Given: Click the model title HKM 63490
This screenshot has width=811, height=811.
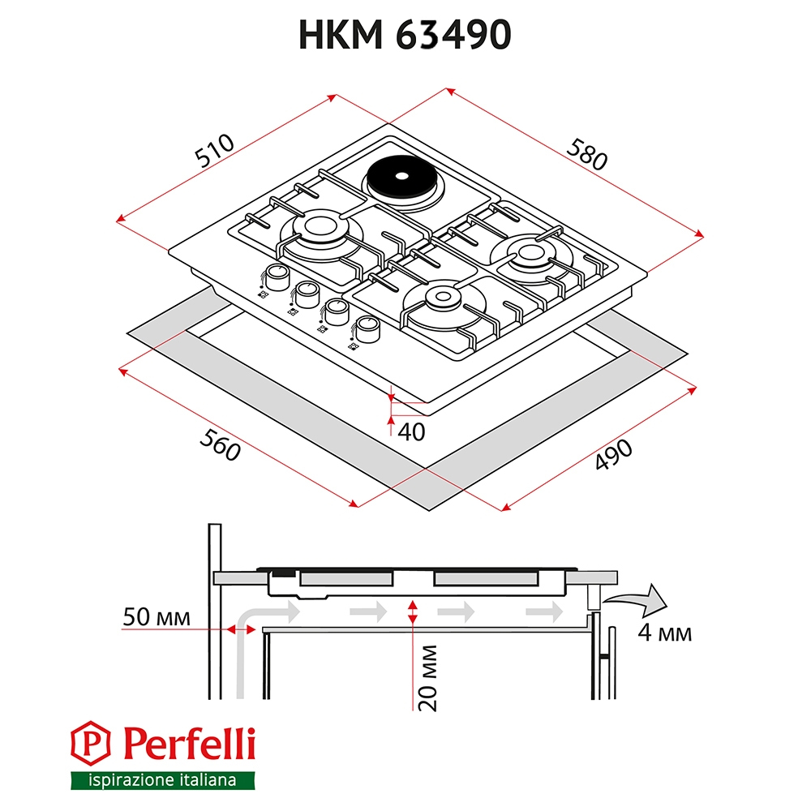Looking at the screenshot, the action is (405, 35).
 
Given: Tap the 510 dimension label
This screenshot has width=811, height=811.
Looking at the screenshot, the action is (214, 151).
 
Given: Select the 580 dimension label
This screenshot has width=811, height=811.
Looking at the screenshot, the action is (586, 154).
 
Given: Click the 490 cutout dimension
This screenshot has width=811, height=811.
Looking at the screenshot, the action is (613, 455).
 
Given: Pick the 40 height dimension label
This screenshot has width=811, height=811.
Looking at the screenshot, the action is (411, 432).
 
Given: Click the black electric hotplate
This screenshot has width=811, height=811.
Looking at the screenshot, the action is (401, 176).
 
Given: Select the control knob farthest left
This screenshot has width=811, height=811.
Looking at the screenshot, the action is (276, 277).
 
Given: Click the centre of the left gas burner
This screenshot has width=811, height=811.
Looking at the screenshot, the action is (320, 227).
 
